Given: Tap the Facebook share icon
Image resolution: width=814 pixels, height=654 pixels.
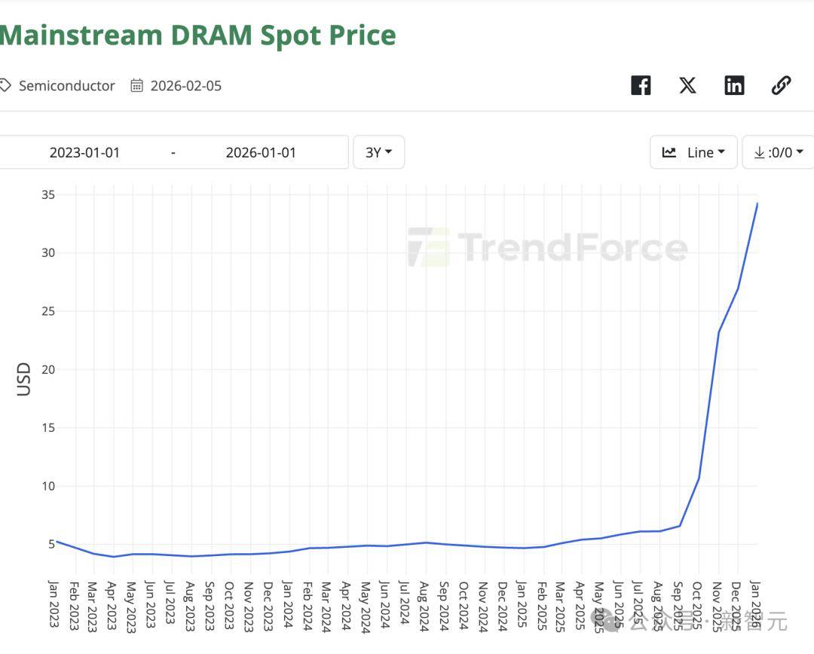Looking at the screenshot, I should [641, 85].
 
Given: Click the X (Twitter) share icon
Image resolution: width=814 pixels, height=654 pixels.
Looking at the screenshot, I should [687, 85].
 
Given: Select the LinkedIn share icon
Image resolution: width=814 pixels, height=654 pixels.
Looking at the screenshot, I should [734, 85].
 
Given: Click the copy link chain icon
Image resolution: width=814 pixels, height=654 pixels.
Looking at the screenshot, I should [781, 85].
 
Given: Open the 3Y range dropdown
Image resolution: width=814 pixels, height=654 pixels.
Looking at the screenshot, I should [378, 152].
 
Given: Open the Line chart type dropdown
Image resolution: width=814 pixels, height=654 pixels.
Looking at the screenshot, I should [693, 152].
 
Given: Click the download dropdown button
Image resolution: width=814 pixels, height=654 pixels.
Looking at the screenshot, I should [778, 152].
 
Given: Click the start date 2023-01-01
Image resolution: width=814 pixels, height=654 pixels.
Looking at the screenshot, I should [84, 152].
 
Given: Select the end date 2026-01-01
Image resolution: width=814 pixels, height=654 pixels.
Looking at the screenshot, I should [261, 152].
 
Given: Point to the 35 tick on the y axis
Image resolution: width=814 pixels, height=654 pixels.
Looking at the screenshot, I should [48, 194].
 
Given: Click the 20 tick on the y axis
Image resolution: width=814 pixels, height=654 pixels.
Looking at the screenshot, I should [48, 369].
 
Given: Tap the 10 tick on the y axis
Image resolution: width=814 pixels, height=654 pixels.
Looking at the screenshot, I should [48, 486].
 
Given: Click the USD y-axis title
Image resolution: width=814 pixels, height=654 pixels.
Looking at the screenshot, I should [24, 379].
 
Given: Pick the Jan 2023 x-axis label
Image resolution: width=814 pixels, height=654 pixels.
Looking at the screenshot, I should [54, 606].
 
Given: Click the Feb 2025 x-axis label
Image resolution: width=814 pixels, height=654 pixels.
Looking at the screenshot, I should [540, 606].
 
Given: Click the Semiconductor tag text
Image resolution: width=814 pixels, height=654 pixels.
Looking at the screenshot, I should [67, 86].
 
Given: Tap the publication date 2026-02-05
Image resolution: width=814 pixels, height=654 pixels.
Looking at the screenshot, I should [186, 86].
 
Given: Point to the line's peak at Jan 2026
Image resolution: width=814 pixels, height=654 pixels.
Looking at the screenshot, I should [757, 203].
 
